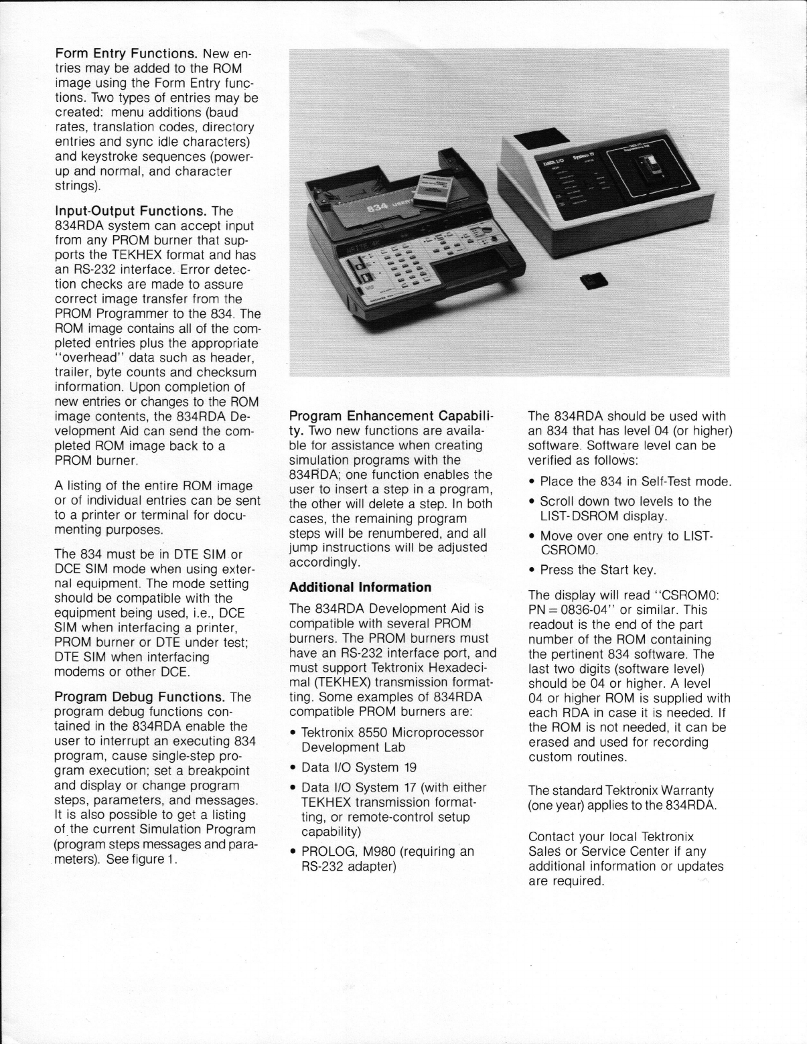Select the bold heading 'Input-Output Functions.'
pos(131,212)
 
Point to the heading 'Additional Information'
pos(360,587)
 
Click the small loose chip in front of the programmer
pos(593,281)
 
